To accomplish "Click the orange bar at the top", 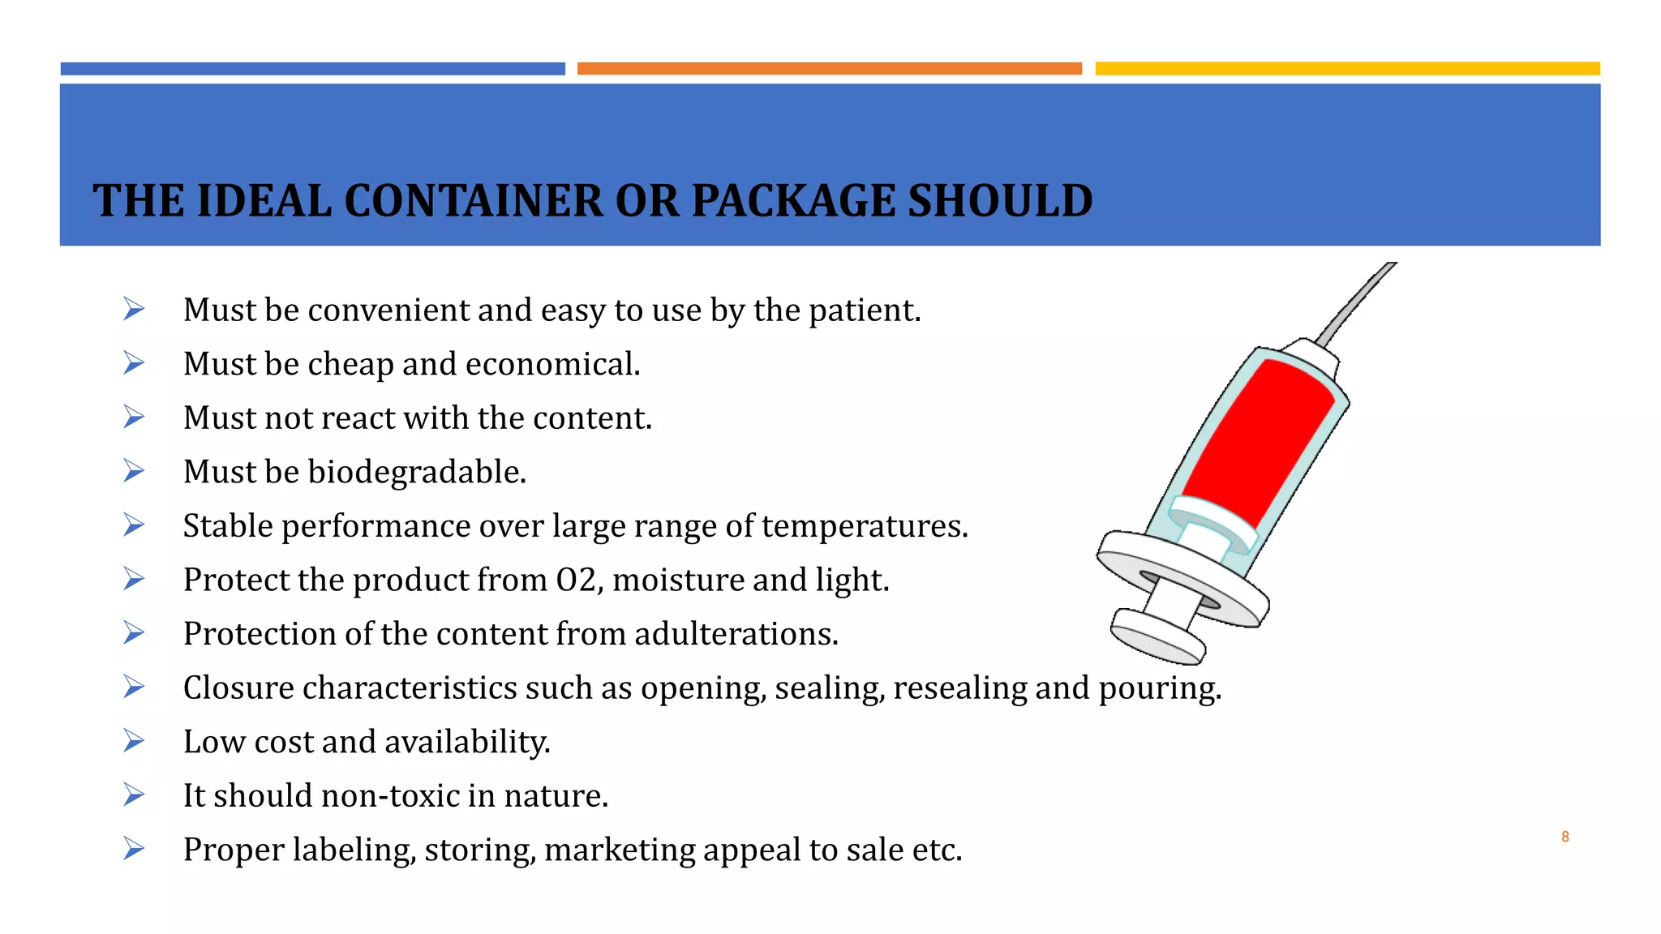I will (829, 69).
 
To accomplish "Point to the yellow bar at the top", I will (1347, 69).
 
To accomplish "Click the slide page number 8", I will (1564, 837).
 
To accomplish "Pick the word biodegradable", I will (416, 472).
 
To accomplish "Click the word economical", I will (552, 364).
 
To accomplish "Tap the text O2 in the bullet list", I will (577, 580).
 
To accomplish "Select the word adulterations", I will (736, 634).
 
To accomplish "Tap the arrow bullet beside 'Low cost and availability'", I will (134, 741).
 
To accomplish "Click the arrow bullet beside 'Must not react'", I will (134, 418).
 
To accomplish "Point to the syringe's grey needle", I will (1356, 304).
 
